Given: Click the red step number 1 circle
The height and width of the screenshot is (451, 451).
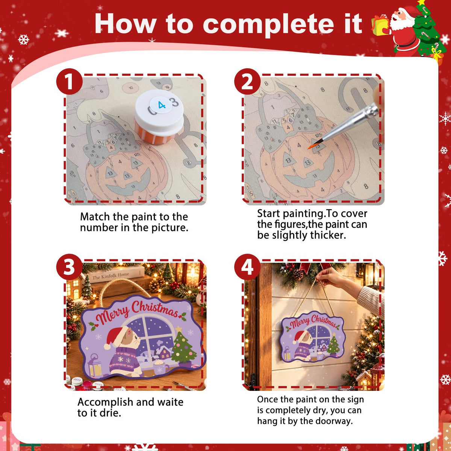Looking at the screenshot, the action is pos(69,81).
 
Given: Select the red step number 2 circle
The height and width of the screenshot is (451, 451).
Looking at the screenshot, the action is pos(247,81).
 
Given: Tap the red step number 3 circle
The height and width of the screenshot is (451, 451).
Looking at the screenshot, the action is pos(69,267).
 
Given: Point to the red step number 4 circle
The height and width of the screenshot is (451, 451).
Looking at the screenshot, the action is pos(247,267).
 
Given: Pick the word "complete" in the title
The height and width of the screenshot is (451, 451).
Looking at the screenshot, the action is pos(268,24).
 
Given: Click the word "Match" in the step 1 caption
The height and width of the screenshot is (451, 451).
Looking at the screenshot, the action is pos(95,217).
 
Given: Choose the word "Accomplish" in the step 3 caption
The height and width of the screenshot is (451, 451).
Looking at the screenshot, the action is pos(105,402).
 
